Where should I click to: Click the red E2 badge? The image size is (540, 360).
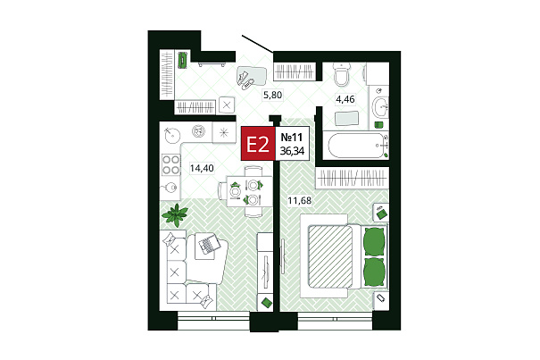click(258, 144)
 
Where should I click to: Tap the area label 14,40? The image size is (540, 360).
click(202, 168)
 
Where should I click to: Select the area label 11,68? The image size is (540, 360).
click(300, 200)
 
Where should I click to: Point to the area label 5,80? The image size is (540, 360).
click(273, 95)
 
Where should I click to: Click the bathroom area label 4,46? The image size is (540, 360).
click(345, 99)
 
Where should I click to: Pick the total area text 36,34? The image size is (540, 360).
click(292, 151)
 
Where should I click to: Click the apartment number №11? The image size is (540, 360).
click(292, 138)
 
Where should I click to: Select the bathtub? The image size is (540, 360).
click(356, 146)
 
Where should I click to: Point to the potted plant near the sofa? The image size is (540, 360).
click(175, 214)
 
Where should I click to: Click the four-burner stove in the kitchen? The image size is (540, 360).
click(170, 165)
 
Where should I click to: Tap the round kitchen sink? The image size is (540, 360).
click(171, 135)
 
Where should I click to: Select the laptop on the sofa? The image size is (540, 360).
click(210, 244)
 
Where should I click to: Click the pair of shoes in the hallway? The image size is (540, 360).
click(245, 80)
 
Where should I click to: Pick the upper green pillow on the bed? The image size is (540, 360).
click(374, 241)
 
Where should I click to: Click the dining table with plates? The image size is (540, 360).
click(249, 191)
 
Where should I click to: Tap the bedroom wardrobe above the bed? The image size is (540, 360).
click(352, 179)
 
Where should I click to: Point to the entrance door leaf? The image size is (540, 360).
click(258, 44)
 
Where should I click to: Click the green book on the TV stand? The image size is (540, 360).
click(267, 303)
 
